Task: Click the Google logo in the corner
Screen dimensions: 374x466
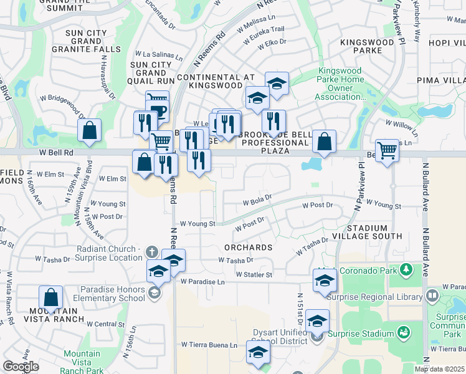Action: [x=21, y=367]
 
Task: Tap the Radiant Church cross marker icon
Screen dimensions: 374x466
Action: [x=151, y=252]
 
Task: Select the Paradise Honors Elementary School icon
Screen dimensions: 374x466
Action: [x=155, y=293]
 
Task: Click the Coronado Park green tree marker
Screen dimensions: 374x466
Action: [x=407, y=270]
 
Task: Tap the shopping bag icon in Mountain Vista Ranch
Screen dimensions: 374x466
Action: [x=50, y=297]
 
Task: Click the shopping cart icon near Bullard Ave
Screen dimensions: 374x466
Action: [x=387, y=150]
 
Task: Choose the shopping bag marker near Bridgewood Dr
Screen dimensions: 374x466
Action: [x=90, y=130]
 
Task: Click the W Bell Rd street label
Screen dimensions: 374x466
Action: [x=57, y=152]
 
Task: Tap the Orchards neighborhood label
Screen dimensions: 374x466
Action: [x=249, y=247]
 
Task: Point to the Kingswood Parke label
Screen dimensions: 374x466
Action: [x=368, y=46]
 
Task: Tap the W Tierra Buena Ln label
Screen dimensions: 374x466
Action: [x=209, y=344]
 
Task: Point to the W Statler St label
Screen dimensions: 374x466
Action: [x=254, y=274]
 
